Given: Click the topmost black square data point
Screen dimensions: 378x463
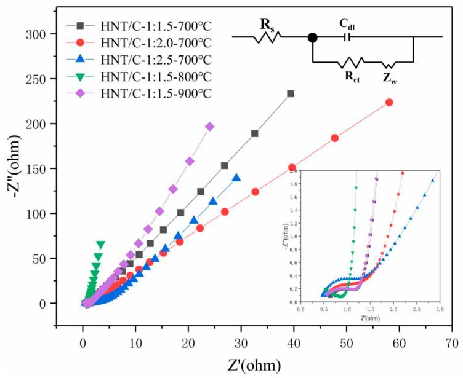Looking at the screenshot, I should [x=291, y=93].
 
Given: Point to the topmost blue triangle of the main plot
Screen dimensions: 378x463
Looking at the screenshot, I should [x=236, y=178].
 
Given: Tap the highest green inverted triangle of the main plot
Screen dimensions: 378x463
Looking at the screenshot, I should [x=101, y=244].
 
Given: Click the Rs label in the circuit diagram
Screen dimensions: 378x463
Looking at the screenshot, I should [x=267, y=25].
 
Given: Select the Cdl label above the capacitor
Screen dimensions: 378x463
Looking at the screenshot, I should [x=348, y=23].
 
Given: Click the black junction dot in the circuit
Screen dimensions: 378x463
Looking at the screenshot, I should [x=313, y=37].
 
